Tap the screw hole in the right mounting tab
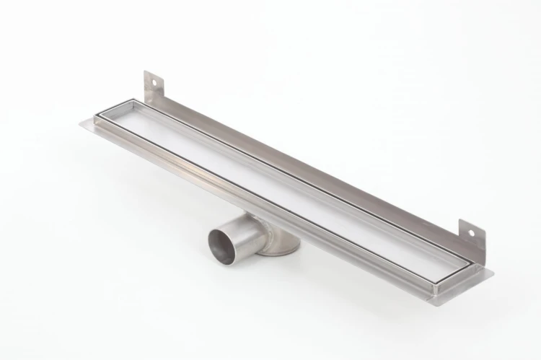[x=474, y=232]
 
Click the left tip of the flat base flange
[x=82, y=122]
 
